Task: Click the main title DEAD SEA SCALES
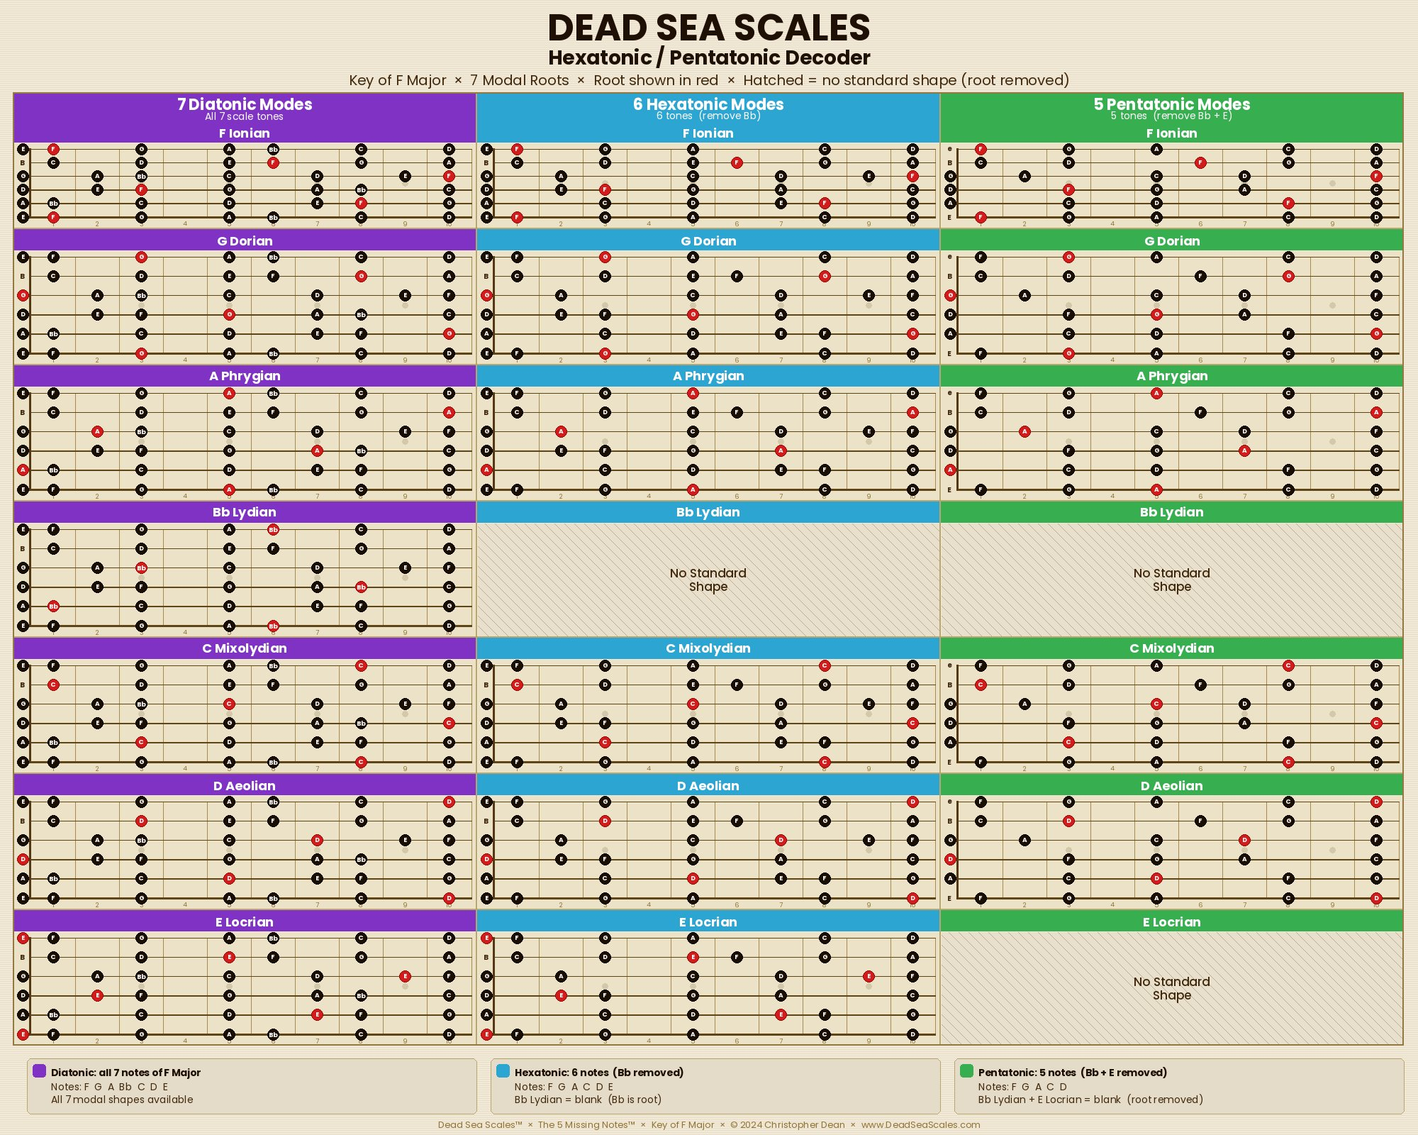click(x=708, y=28)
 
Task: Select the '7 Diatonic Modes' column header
click(x=245, y=104)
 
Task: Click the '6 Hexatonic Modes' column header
click(x=708, y=104)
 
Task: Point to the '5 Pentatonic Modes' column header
click(x=1171, y=104)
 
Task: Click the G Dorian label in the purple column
click(x=245, y=241)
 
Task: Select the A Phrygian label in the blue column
click(x=708, y=376)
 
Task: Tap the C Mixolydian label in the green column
click(x=1171, y=648)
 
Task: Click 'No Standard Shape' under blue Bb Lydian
click(x=708, y=580)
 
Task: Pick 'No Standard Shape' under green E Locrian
click(x=1171, y=988)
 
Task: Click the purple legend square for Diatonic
click(x=40, y=1071)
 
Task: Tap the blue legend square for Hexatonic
click(x=503, y=1071)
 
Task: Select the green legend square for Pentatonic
click(x=966, y=1071)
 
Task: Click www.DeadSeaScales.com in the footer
click(x=920, y=1124)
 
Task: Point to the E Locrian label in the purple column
click(x=245, y=922)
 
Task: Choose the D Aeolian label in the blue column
click(x=708, y=786)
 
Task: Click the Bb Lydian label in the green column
click(x=1171, y=512)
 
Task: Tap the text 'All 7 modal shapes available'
click(x=122, y=1100)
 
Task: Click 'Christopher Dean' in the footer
click(x=804, y=1124)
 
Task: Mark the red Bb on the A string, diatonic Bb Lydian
click(x=53, y=607)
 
